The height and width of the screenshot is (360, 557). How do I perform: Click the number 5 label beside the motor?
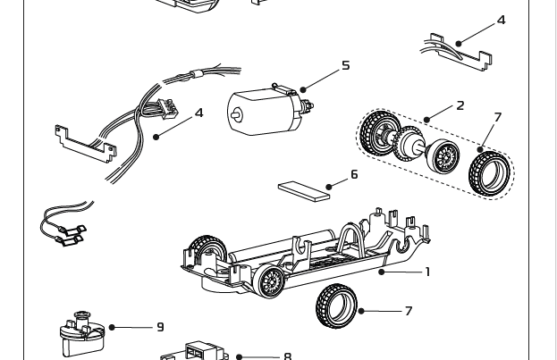coord(346,65)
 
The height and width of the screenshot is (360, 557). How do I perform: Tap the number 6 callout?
coord(354,174)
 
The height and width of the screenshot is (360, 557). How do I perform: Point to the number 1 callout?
coord(427,272)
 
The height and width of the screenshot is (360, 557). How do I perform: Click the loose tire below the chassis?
coord(336,306)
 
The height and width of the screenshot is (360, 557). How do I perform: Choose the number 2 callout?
coord(460,105)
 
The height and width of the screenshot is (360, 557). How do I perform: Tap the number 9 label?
coord(160,328)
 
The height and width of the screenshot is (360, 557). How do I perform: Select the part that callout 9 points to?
coord(80,332)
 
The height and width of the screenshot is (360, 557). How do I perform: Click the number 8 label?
coord(287,356)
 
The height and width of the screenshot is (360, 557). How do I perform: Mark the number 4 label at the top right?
coord(501,21)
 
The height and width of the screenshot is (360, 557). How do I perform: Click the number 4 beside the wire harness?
coord(198,113)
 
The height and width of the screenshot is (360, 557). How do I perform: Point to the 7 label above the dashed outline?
coord(497,118)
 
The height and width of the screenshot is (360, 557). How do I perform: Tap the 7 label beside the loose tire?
coord(409,311)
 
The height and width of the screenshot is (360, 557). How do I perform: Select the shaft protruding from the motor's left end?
coord(236,114)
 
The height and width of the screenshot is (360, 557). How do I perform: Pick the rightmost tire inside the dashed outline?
coord(490,172)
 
